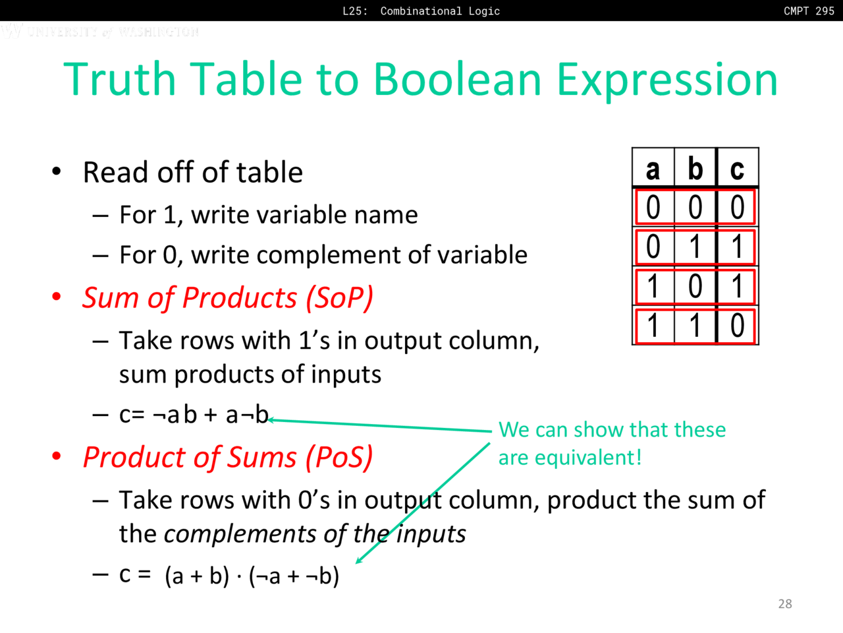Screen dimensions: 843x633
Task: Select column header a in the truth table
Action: pos(653,169)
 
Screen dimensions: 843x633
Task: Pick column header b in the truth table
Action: pos(695,168)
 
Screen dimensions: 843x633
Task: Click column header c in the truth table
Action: pos(737,169)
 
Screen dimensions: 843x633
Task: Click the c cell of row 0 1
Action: pos(737,247)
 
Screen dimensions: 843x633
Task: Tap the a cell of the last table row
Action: pos(653,325)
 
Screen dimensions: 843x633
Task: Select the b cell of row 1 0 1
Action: pos(695,286)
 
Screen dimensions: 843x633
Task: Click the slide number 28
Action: pos(785,604)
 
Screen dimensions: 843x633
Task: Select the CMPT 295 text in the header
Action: pos(809,11)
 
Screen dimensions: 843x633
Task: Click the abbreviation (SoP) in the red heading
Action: pos(339,298)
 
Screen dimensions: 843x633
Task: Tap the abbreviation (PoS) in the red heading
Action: pos(339,458)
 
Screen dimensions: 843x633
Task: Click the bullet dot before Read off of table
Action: pos(57,171)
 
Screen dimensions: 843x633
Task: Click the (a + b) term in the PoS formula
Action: pos(197,576)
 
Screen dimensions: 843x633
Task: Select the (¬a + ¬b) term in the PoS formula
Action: pos(294,576)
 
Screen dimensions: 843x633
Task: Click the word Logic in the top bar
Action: pos(484,11)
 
